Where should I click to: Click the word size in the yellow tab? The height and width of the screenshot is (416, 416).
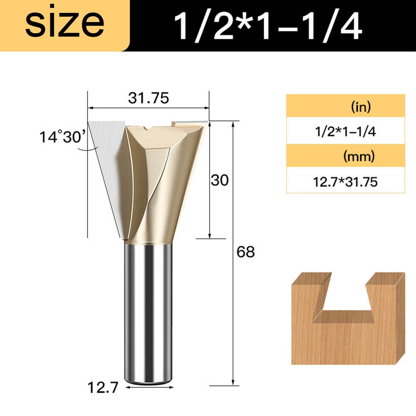pos(64,25)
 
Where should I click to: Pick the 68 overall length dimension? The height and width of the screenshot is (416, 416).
pos(245,252)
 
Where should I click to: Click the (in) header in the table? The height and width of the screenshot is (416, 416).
pos(360,108)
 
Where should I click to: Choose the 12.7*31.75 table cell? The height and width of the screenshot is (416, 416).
pos(345,182)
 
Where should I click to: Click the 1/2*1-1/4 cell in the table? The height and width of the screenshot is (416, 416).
pos(345,132)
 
